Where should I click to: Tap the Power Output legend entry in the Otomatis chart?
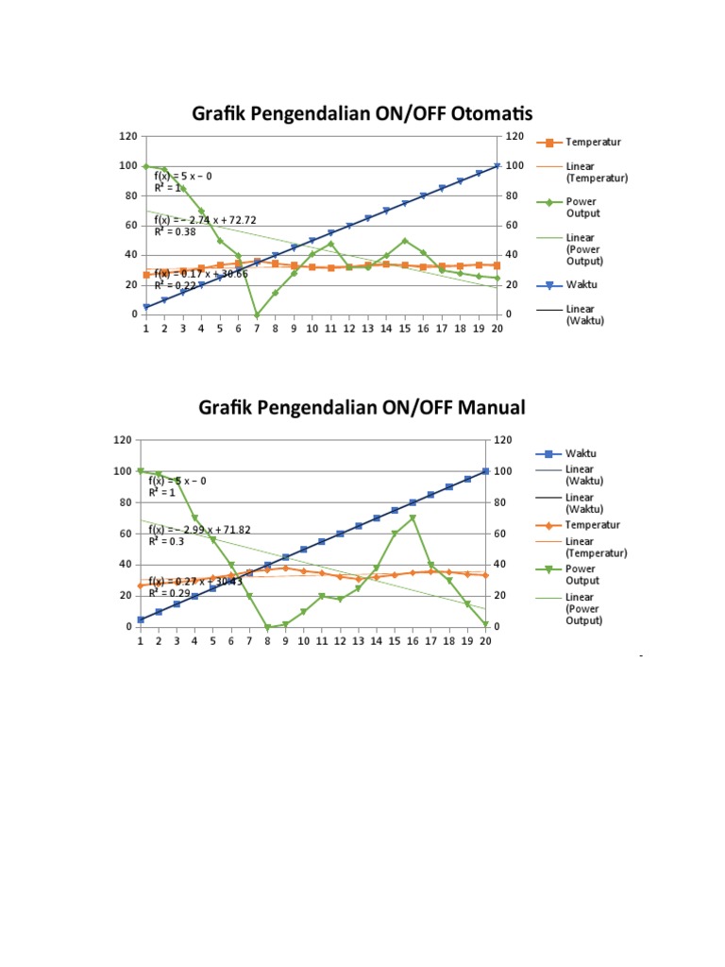582,207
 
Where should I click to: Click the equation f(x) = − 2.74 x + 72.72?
202,220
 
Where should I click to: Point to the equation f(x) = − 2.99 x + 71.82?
199,531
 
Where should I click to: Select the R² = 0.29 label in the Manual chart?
169,592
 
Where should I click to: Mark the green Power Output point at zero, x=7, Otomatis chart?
257,314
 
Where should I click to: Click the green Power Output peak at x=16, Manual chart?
413,517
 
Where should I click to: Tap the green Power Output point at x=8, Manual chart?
267,627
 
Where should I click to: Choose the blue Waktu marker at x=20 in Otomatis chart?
497,166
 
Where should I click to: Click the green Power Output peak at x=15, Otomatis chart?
405,241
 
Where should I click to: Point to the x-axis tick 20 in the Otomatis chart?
497,329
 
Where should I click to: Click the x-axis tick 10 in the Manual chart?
303,640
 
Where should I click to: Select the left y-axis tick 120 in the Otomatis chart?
127,137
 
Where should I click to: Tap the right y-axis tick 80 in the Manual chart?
501,502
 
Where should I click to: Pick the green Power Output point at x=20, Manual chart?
485,624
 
